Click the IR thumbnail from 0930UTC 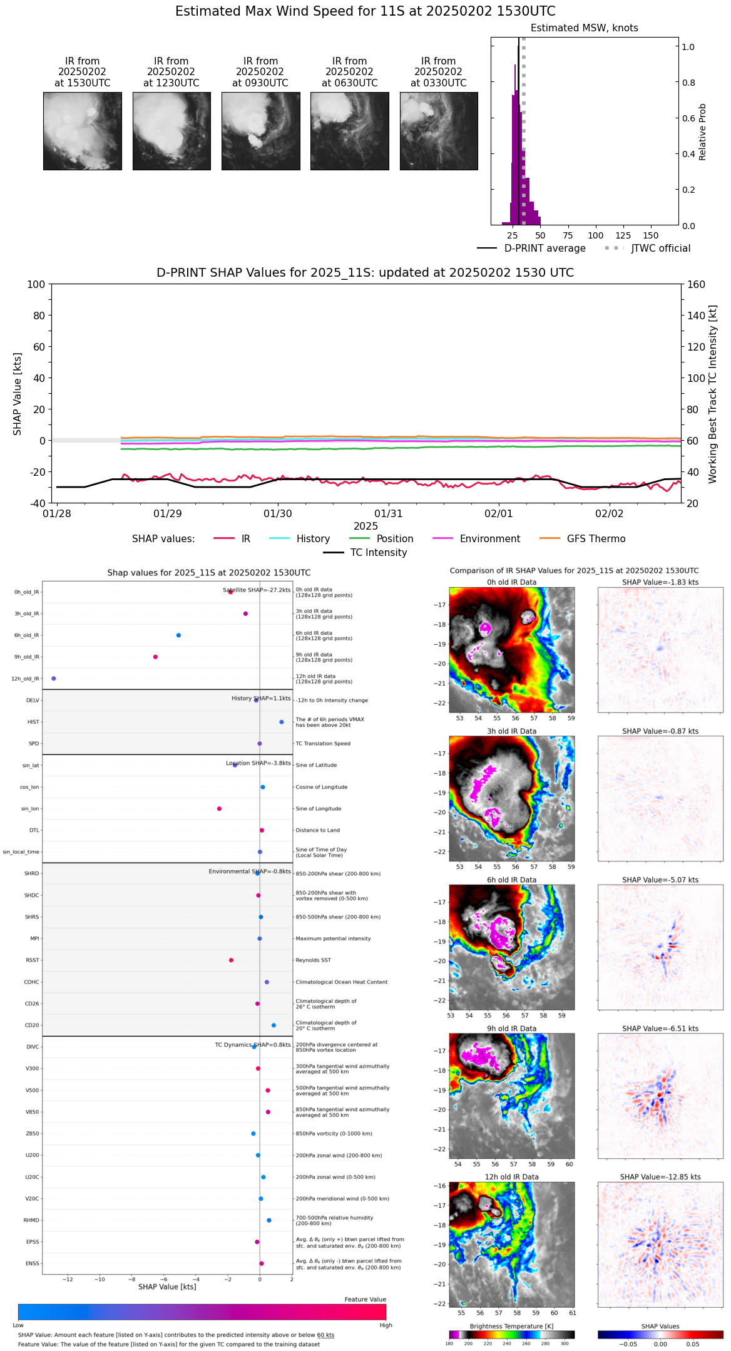(x=260, y=131)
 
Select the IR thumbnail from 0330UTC (x=438, y=131)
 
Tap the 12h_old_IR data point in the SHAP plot (x=54, y=678)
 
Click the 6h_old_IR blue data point (x=178, y=635)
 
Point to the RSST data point (x=231, y=960)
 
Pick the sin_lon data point (x=219, y=808)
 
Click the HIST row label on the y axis (x=33, y=722)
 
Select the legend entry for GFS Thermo (x=596, y=538)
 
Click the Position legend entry (x=394, y=538)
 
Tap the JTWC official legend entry (x=660, y=248)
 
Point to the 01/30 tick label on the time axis (x=278, y=513)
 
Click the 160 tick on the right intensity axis (x=696, y=284)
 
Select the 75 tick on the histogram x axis (x=568, y=235)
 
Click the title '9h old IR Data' (x=511, y=1028)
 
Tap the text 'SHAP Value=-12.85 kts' (x=660, y=1177)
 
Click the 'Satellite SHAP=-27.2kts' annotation (x=257, y=590)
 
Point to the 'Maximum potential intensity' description (x=333, y=938)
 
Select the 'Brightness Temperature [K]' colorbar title (x=511, y=1326)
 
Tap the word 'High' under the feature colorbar (x=386, y=1325)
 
